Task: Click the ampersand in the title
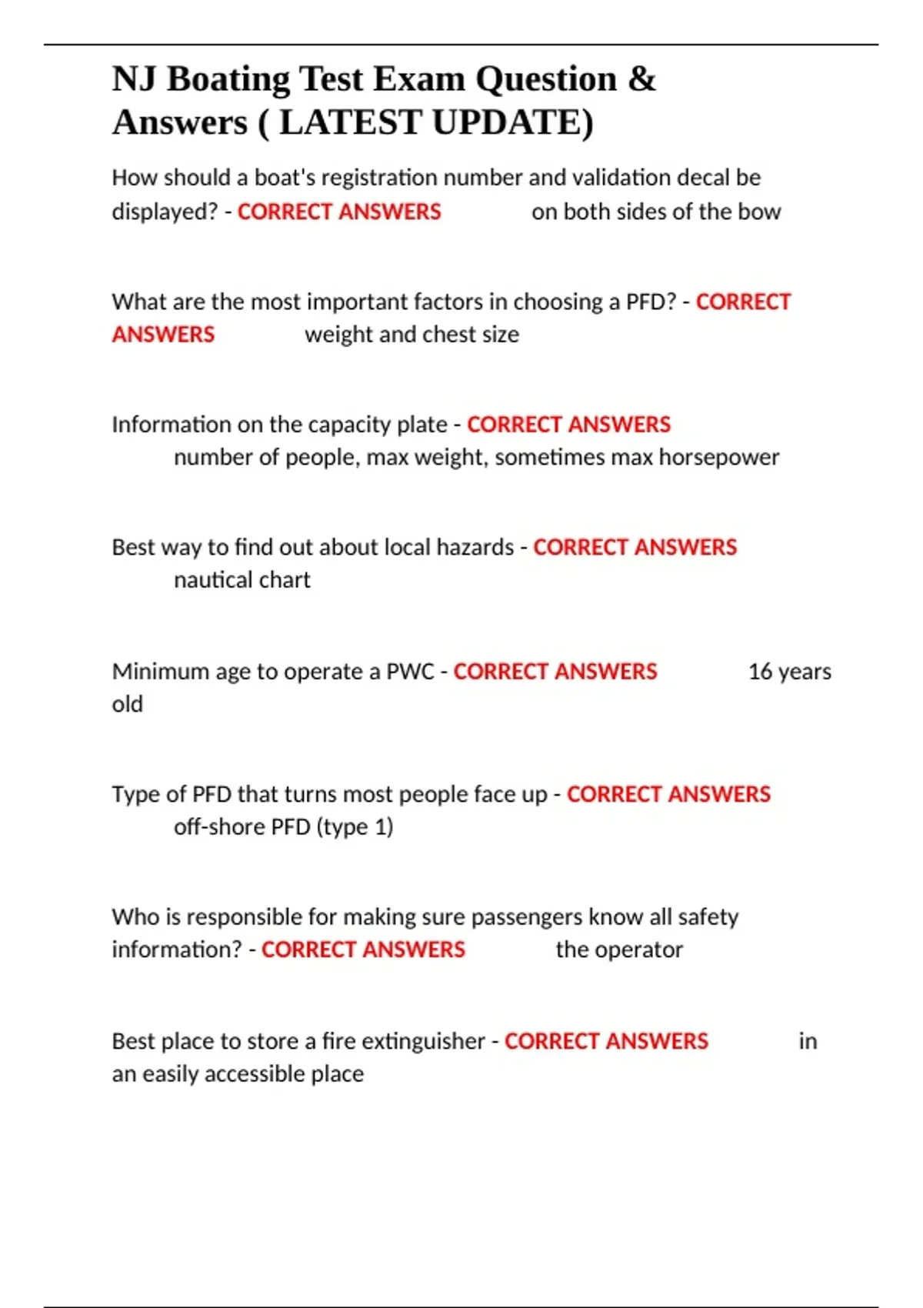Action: [x=642, y=79]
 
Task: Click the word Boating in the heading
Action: [x=228, y=79]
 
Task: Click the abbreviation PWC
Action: [x=410, y=672]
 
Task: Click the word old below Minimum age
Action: [x=128, y=704]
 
